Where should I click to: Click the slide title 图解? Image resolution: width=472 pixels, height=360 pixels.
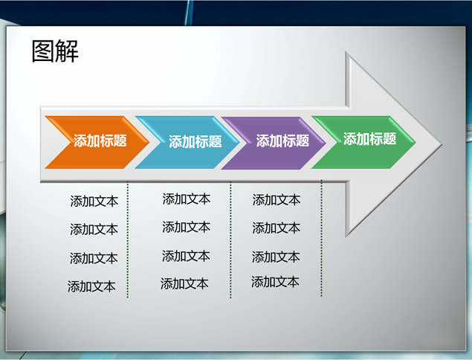55,51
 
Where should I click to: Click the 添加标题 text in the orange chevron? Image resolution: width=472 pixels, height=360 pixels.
100,141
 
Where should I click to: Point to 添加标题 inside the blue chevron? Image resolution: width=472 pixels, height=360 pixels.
195,141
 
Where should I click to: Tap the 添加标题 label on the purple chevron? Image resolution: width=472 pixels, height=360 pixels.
282,141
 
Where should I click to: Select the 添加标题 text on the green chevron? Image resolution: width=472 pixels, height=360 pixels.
369,139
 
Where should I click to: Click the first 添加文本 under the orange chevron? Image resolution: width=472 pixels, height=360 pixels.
94,202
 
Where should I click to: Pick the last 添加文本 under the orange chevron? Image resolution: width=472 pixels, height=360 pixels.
91,286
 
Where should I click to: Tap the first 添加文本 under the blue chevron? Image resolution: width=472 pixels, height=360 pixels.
187,199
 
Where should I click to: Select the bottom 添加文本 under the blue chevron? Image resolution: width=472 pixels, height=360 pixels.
184,284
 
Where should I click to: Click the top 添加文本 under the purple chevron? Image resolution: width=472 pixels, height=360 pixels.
277,200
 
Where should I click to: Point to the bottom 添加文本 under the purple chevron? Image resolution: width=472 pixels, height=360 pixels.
275,282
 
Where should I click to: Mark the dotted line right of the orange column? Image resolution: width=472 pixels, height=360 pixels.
128,240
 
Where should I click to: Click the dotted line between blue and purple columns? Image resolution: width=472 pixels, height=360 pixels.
230,240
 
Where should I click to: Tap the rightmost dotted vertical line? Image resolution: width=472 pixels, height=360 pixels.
322,238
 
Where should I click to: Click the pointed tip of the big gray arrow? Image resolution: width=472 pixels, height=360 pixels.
442,144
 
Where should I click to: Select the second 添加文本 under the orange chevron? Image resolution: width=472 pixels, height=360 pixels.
94,229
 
